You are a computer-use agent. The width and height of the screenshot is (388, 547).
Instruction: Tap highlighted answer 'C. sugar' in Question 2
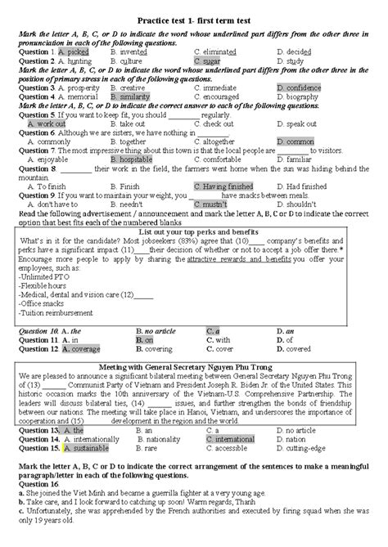tap(207, 61)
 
